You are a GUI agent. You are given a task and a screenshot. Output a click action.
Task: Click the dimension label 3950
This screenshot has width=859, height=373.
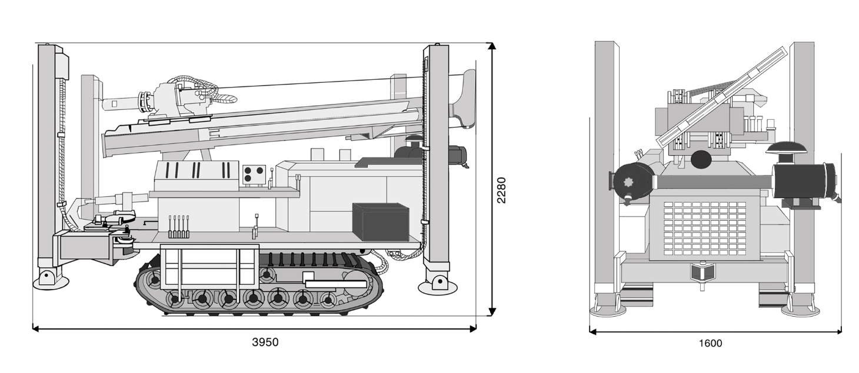coord(265,342)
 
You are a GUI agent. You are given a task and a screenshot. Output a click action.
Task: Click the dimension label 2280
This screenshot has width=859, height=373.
coord(501,190)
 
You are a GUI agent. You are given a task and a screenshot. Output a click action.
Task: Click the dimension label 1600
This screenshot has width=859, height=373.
coord(710,343)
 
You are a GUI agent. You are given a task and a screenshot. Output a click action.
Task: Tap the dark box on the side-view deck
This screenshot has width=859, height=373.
coord(381,221)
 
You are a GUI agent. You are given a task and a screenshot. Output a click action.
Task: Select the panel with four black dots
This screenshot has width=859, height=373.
coord(254,175)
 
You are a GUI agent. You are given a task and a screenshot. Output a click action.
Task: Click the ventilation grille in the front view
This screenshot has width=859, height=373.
coord(705,228)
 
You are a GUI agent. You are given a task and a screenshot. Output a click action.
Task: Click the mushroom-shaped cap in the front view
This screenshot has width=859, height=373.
coord(787,149)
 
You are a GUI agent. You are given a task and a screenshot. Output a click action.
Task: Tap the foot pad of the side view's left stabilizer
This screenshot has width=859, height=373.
coord(51,282)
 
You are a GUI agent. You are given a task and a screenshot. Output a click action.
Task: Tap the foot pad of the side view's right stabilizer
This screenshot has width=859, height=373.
coord(438,287)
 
